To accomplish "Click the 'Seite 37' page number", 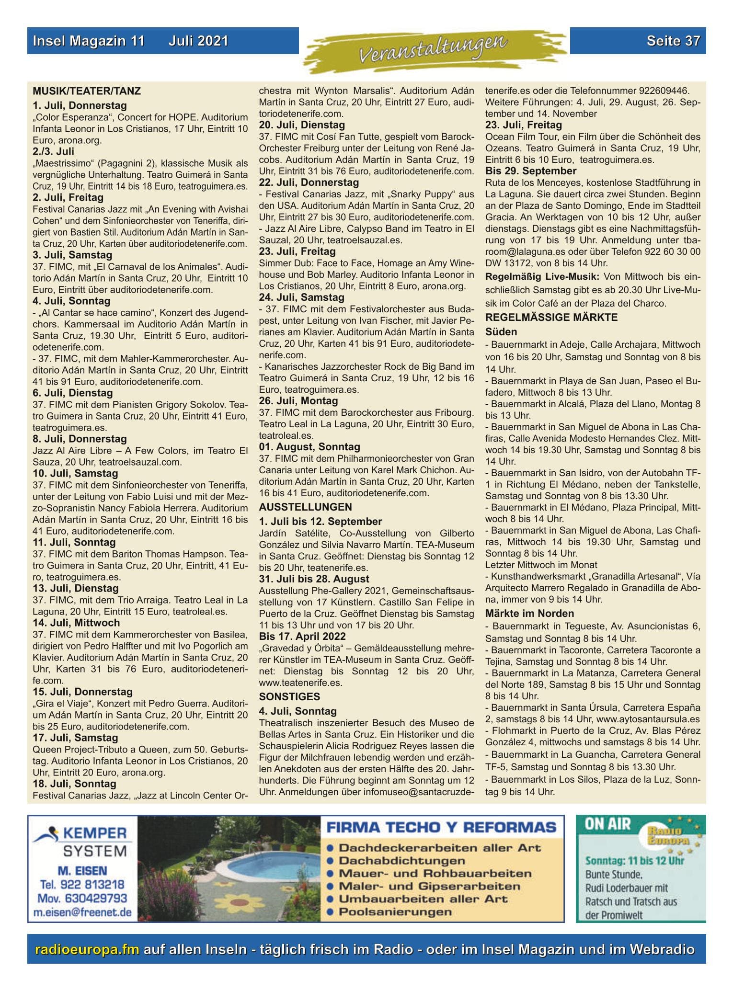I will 673,41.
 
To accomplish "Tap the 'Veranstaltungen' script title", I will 433,50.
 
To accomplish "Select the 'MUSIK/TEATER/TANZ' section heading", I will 87,91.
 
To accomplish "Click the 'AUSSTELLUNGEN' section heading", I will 305,507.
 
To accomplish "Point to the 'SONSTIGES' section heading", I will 289,696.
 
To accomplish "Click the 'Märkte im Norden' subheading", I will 529,613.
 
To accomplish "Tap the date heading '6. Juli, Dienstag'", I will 73,393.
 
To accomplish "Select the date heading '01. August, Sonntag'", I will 309,446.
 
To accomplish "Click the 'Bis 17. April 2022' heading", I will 302,636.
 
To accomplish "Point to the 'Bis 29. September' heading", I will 530,171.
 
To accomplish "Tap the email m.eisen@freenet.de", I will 82,912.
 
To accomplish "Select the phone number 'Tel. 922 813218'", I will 82,884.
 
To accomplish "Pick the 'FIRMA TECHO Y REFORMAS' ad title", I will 441,827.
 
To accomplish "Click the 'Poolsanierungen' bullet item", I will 395,911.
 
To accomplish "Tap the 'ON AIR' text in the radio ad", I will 607,824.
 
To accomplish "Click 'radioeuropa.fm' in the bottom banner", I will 88,949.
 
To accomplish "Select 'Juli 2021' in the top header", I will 198,41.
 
